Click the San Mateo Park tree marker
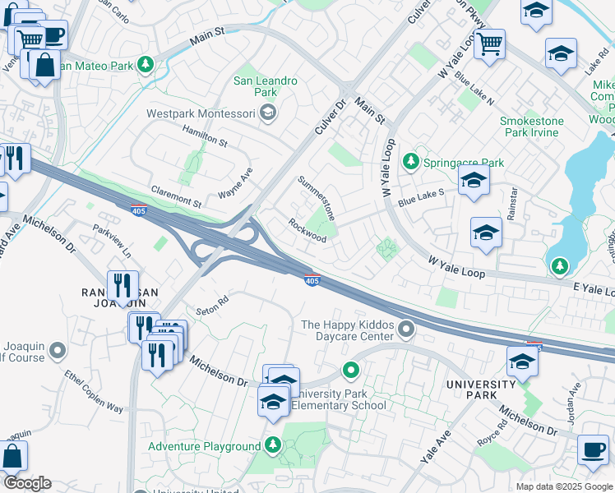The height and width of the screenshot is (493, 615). click(146, 64)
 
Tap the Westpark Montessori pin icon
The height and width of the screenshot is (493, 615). click(267, 114)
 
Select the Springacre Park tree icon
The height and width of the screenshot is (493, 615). click(410, 163)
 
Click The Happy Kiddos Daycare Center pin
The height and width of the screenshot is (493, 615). click(406, 330)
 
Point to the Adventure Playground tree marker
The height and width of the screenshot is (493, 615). click(274, 446)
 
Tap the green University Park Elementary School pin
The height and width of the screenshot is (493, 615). click(351, 371)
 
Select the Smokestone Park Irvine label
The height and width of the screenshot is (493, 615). click(532, 126)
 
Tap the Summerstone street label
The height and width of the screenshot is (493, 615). click(317, 198)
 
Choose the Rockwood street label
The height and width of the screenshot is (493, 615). click(307, 230)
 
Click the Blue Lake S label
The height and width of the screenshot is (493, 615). click(421, 197)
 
